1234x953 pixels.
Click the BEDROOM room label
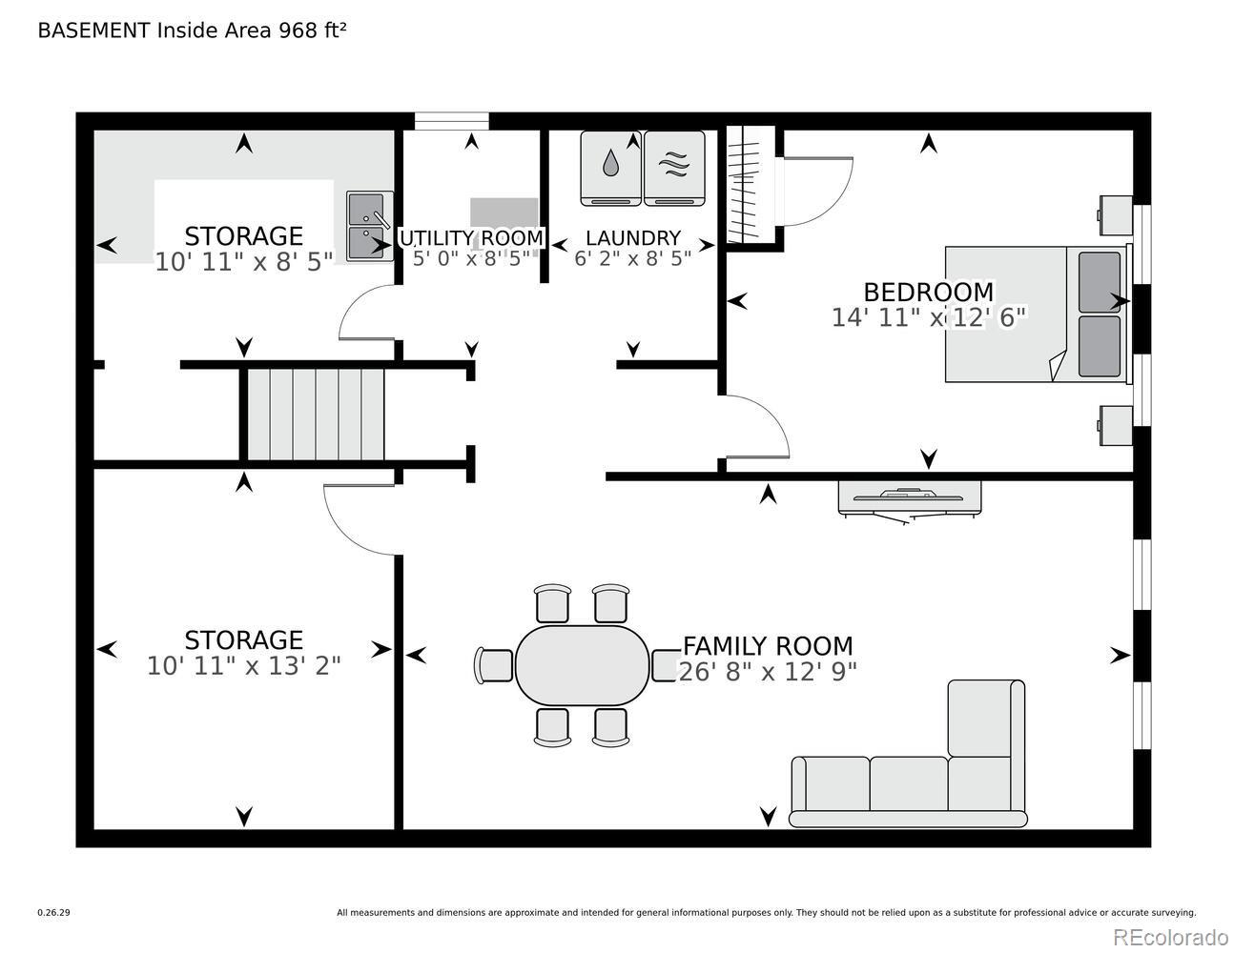coord(929,293)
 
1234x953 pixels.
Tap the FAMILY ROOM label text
coord(768,646)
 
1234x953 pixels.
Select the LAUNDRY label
coord(633,238)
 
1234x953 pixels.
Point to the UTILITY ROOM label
coord(472,238)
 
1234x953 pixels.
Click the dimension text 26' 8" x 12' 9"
coord(768,672)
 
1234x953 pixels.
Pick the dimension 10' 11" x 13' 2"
coord(243,666)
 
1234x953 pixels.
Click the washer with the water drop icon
coord(611,168)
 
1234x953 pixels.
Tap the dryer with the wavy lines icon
coord(674,168)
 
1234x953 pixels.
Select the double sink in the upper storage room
coord(370,226)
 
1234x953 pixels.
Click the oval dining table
coord(582,665)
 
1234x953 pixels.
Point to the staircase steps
coord(316,415)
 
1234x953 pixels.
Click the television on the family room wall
coord(909,499)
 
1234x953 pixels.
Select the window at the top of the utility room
coord(451,121)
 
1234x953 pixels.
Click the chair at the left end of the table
coord(494,665)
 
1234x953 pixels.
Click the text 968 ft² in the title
coord(312,30)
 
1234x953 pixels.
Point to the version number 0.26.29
coord(54,913)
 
